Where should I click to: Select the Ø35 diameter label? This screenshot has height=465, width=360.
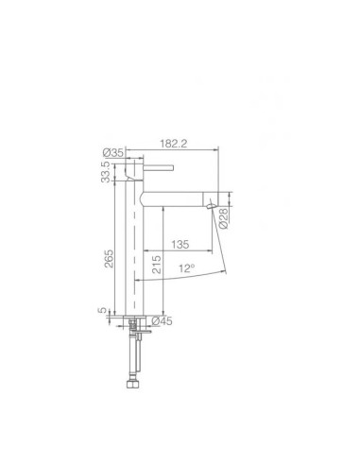click(111, 149)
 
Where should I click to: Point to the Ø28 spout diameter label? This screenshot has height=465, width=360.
click(224, 216)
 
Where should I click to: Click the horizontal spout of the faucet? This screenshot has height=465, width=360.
click(175, 196)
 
